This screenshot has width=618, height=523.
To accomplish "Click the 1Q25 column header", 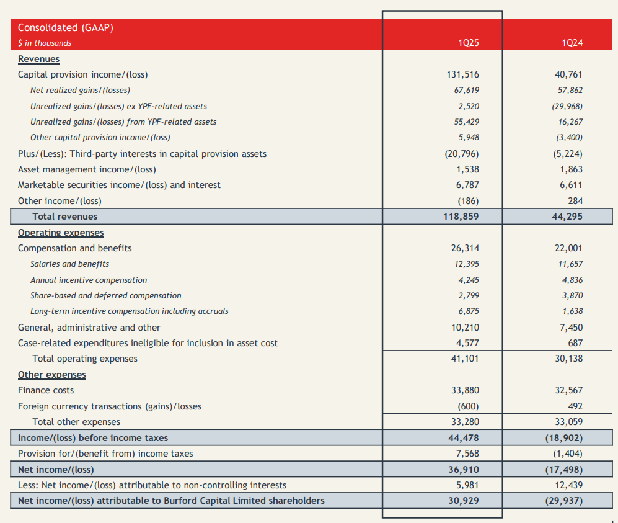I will click(x=468, y=43).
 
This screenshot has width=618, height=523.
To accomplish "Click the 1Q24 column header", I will click(x=572, y=43).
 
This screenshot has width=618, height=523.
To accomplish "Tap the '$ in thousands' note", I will click(x=45, y=43).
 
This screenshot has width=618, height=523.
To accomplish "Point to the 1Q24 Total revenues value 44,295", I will click(x=567, y=217).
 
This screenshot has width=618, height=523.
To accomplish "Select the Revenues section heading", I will click(x=38, y=59).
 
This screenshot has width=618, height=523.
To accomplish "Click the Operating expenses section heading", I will click(x=61, y=233).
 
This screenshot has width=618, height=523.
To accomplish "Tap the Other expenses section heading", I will click(x=52, y=375).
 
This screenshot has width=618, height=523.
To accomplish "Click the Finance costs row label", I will click(x=46, y=390).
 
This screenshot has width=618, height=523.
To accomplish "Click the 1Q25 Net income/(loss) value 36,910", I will click(x=464, y=470).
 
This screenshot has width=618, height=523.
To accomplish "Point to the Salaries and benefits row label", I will click(x=69, y=264).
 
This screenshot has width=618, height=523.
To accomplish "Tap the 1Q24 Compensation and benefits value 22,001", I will click(x=568, y=248).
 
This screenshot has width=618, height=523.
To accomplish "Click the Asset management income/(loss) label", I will click(x=87, y=169).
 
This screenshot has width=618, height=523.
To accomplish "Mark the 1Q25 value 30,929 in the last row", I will click(x=464, y=501).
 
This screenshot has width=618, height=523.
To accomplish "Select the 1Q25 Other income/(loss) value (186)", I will click(x=468, y=200).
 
